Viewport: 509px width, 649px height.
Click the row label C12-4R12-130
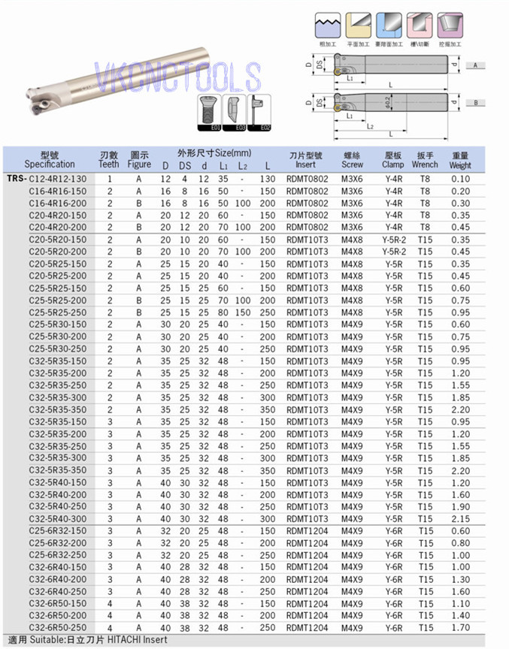tap(57, 179)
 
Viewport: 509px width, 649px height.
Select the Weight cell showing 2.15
tap(460, 519)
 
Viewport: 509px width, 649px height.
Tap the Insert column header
tap(305, 159)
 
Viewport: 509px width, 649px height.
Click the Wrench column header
tap(425, 159)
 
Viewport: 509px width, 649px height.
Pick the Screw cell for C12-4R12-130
tap(352, 179)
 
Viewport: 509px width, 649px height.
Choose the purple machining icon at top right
tap(450, 26)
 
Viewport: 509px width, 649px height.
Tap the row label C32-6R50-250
tap(57, 627)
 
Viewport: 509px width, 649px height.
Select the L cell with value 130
tap(267, 179)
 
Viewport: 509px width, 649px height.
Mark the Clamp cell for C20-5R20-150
tap(392, 240)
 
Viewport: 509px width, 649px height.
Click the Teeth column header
tap(109, 159)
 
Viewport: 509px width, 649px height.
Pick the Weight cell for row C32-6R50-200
tap(460, 615)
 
